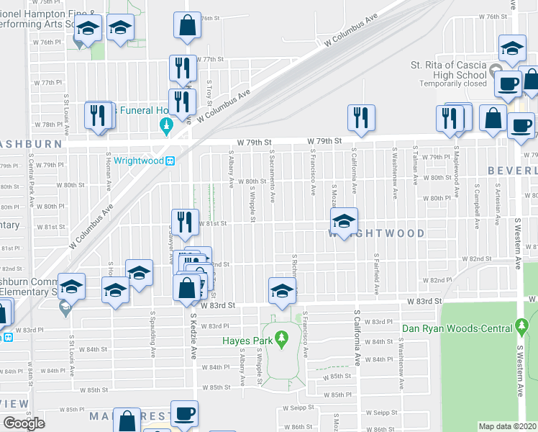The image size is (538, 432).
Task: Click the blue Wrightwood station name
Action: point(138,160)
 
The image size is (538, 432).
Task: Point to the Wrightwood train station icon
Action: point(171,161)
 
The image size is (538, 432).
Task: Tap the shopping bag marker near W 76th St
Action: point(187,25)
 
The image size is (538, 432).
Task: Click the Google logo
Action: point(24,423)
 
